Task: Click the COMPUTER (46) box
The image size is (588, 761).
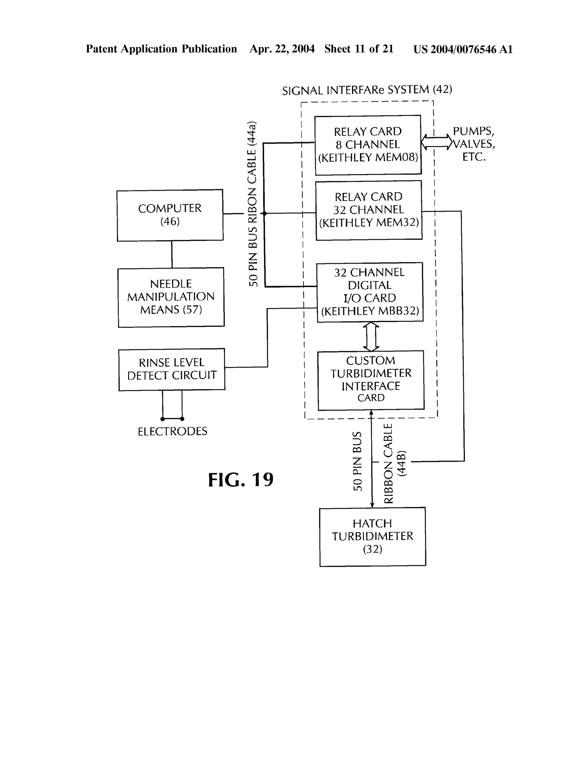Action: (170, 215)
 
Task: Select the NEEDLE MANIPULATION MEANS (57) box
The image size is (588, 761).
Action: (171, 297)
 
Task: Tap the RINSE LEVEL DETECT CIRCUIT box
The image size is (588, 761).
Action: (171, 369)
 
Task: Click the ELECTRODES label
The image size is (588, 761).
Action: (173, 431)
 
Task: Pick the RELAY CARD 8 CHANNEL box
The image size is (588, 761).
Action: (368, 145)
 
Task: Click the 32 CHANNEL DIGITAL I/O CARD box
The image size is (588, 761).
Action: (370, 292)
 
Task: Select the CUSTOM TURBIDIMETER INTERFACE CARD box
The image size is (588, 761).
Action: (371, 380)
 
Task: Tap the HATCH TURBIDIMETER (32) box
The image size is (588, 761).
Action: (372, 537)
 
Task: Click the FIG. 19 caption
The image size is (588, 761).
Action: (241, 480)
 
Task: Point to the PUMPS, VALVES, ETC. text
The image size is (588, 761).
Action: (473, 144)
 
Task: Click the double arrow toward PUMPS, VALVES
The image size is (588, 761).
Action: (436, 142)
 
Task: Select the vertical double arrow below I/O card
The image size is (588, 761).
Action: (371, 336)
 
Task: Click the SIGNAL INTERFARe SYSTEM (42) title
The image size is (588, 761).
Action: (367, 90)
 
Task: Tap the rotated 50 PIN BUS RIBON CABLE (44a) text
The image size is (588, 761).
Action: (253, 204)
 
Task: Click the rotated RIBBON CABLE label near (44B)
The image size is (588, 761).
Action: (388, 463)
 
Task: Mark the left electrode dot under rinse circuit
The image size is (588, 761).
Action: (162, 419)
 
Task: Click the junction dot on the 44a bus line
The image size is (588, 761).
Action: (264, 213)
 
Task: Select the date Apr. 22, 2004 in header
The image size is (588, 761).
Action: (282, 49)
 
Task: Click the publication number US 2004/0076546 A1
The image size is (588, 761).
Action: (463, 49)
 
